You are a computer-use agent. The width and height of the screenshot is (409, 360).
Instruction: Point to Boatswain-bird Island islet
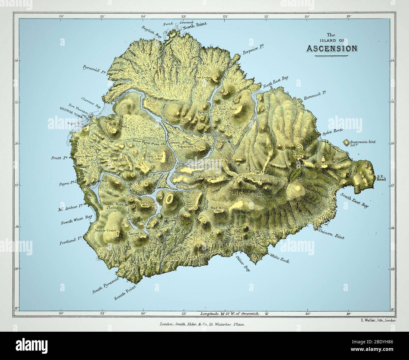(347, 143)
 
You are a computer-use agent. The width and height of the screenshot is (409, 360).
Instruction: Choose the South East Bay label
(354, 200)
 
